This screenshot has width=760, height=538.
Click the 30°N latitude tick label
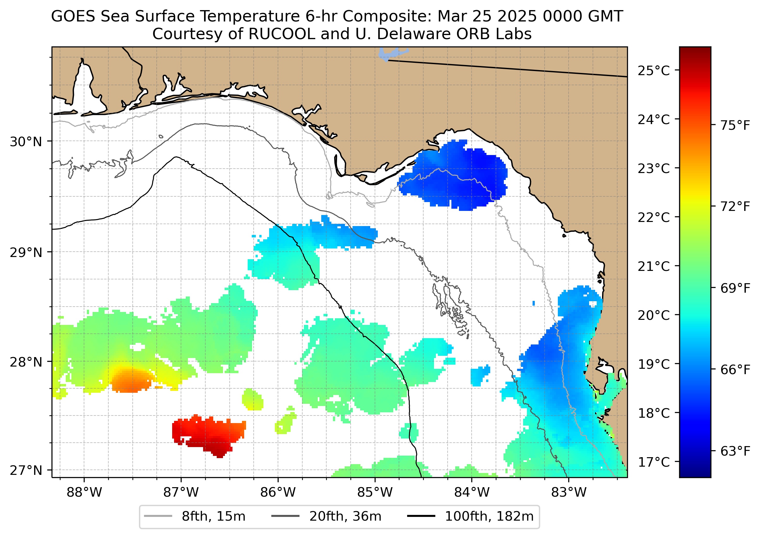(x=26, y=142)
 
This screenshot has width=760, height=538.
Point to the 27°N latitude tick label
(x=26, y=470)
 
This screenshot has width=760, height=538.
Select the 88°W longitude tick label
(x=84, y=493)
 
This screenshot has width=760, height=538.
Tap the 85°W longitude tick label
(x=375, y=493)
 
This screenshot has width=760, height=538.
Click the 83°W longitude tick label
(x=569, y=493)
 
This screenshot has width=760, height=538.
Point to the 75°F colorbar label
(x=735, y=126)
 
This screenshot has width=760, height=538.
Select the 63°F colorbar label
(x=735, y=451)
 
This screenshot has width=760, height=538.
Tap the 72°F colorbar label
(x=735, y=207)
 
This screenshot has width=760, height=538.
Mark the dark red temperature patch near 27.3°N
(x=209, y=434)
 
